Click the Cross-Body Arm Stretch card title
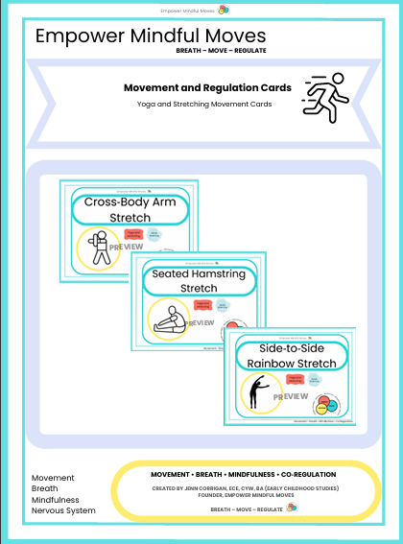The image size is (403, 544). pos(130,210)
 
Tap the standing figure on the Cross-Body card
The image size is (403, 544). pos(97,248)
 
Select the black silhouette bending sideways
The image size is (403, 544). pos(257,391)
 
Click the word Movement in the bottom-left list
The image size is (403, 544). pos(53,478)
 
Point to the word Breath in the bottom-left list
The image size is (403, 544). pos(45,488)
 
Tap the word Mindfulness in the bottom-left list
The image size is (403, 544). pos(57,499)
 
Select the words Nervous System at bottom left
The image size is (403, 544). pos(63,510)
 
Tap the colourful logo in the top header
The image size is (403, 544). pos(224,10)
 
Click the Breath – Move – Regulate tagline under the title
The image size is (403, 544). pos(221,50)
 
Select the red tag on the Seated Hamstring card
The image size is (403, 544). pos(202,305)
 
